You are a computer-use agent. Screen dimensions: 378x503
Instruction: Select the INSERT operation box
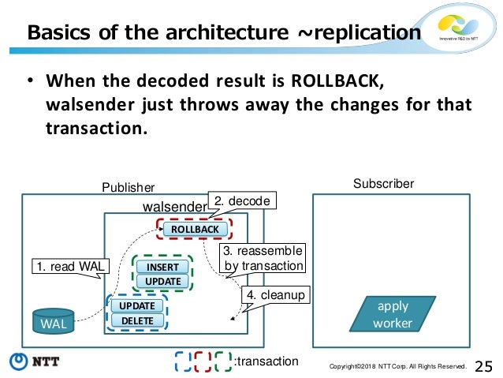pyautogui.click(x=163, y=267)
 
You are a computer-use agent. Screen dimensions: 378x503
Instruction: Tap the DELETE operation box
pyautogui.click(x=136, y=320)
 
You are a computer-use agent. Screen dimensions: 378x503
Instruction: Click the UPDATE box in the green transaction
pyautogui.click(x=163, y=282)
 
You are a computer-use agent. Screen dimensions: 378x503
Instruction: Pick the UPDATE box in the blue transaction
pyautogui.click(x=136, y=305)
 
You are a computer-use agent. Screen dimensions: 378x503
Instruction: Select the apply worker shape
pyautogui.click(x=393, y=313)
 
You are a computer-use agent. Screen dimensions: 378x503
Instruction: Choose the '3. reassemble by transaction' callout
pyautogui.click(x=263, y=258)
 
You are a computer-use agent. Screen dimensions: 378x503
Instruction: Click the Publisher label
pyautogui.click(x=129, y=187)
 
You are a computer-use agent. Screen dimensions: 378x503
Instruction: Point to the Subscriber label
pyautogui.click(x=383, y=184)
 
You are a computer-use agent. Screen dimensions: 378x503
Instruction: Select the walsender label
pyautogui.click(x=173, y=207)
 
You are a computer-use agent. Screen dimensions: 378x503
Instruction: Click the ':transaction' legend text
pyautogui.click(x=266, y=361)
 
